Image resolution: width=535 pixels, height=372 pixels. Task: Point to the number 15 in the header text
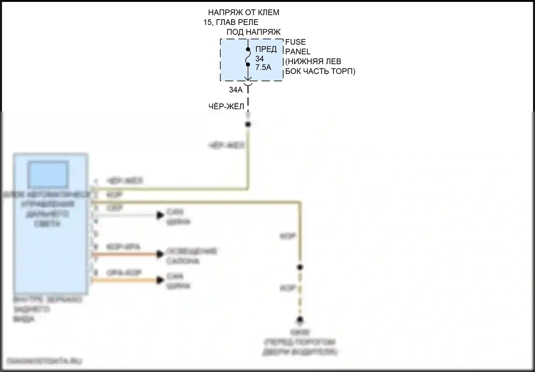click(207, 22)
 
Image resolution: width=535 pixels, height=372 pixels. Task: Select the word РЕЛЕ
click(248, 22)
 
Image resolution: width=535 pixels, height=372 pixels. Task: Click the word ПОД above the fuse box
click(235, 32)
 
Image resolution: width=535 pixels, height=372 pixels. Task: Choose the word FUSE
click(295, 42)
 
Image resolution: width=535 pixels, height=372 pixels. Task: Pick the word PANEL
click(298, 52)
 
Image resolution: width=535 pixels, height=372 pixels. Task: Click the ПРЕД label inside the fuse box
click(266, 49)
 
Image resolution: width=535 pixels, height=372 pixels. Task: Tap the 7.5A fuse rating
click(263, 67)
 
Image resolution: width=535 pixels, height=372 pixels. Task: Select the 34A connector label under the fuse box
click(235, 90)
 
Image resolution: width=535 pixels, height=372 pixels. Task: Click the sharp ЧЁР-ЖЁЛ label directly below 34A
click(226, 107)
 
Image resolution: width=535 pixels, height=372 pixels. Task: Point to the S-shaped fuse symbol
click(248, 57)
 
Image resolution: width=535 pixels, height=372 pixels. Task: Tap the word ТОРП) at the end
click(343, 71)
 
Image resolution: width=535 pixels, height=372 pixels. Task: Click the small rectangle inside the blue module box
click(48, 175)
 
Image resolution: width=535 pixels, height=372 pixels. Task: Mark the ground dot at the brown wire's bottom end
click(300, 320)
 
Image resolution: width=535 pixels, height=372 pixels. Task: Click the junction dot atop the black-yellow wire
click(248, 124)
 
